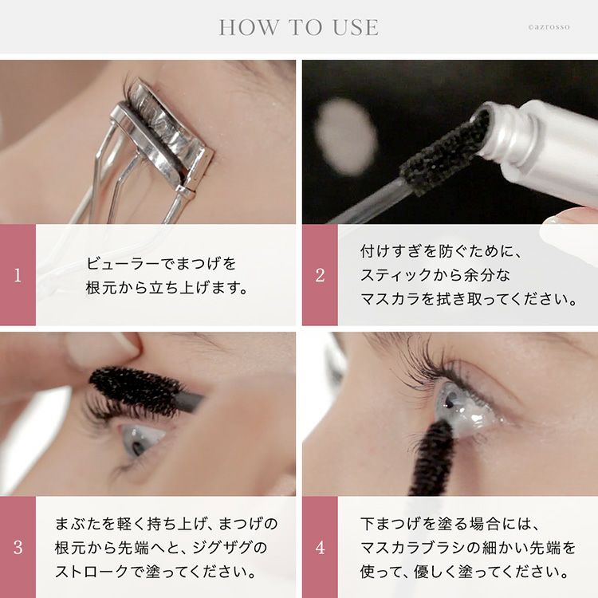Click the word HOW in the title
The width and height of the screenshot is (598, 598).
point(249,27)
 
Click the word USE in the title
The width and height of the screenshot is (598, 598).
point(356,27)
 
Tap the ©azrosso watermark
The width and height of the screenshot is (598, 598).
point(549,27)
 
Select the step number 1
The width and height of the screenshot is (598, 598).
point(18,275)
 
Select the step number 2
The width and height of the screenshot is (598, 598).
point(320,275)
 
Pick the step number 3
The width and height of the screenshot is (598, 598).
point(18,547)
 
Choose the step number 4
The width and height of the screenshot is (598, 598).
point(320,547)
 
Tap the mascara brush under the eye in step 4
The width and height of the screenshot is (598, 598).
point(433,458)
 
